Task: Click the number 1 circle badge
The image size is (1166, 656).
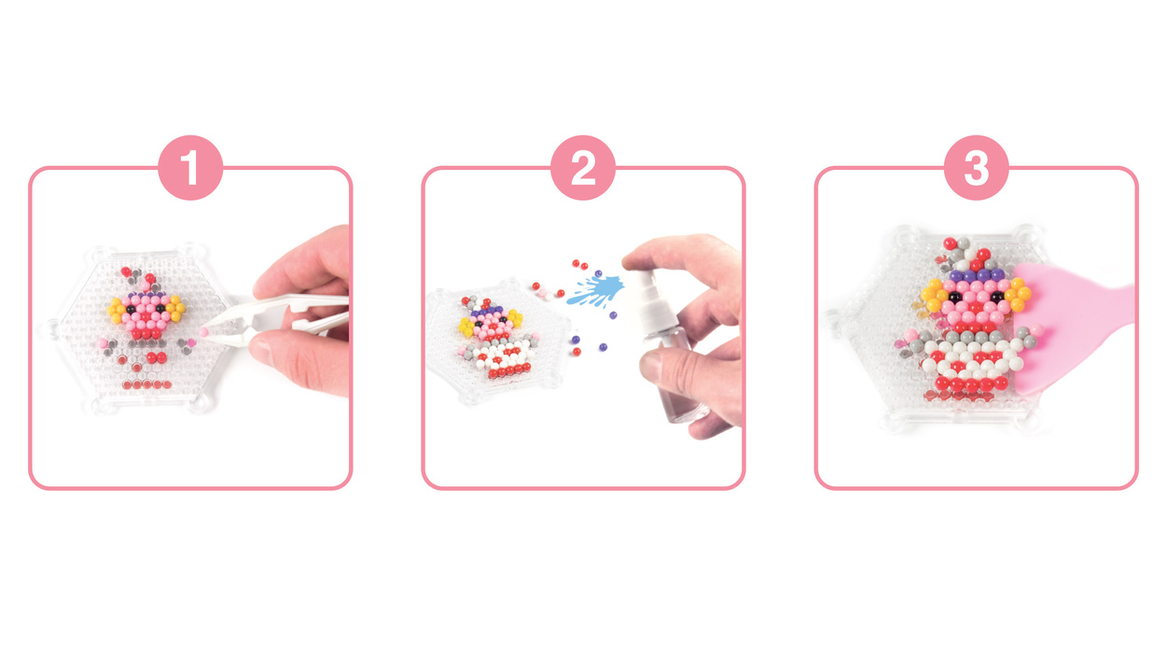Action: click(x=190, y=168)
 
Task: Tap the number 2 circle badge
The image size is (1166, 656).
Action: click(x=583, y=168)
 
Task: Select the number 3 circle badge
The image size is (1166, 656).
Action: click(x=976, y=168)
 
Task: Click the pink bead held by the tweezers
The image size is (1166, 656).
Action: click(x=203, y=332)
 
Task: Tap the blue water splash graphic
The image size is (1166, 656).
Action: click(x=597, y=289)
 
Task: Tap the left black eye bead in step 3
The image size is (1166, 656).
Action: click(x=954, y=297)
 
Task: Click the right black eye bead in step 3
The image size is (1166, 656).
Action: click(x=997, y=297)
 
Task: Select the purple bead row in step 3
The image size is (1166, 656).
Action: click(x=975, y=275)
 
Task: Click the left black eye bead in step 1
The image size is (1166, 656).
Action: click(x=132, y=309)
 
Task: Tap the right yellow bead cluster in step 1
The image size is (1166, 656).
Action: click(x=176, y=308)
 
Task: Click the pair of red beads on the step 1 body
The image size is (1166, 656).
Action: click(x=157, y=357)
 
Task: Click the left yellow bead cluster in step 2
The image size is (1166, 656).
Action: click(x=466, y=327)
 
